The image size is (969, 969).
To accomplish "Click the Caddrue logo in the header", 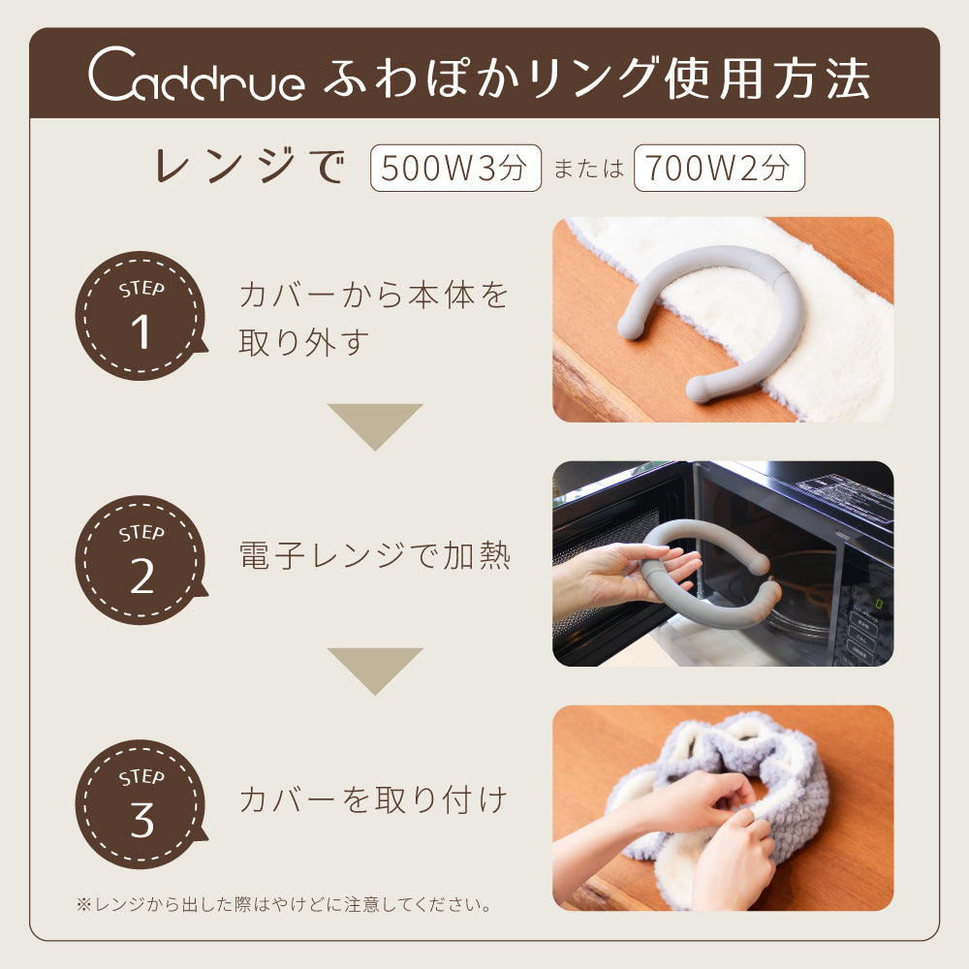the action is [197, 75].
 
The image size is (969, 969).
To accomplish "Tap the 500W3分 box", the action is [455, 168].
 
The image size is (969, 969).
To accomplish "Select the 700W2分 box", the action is [719, 168].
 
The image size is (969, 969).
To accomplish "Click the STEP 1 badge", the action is [141, 316].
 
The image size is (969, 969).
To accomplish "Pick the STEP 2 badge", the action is [141, 560].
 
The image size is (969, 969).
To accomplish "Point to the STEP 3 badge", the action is [141, 804].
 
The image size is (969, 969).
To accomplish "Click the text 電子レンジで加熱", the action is [374, 555].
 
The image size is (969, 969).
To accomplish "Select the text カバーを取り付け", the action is [373, 799].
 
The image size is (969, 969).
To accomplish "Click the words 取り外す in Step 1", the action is [304, 342].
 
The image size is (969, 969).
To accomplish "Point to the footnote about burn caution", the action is [284, 905].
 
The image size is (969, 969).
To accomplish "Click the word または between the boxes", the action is [588, 169].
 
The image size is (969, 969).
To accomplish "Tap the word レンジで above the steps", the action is [250, 167].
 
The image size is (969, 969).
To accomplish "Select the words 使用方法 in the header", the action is [766, 78].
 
